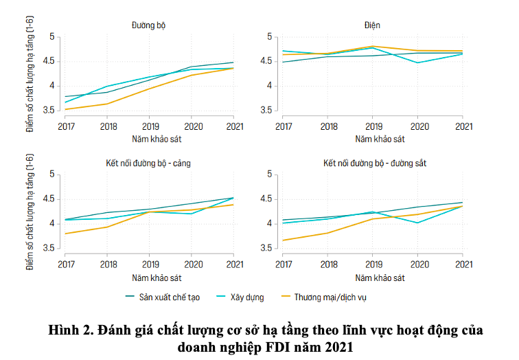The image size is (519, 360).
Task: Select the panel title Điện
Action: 372,25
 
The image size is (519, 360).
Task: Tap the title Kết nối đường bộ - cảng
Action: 149,163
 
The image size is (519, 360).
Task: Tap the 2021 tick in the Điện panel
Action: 463,126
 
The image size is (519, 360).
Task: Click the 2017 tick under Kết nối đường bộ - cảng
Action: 67,263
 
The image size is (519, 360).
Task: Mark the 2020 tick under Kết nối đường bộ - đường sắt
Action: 418,263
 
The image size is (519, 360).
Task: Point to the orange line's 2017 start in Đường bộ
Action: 67,109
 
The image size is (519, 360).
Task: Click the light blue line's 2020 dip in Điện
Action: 418,63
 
